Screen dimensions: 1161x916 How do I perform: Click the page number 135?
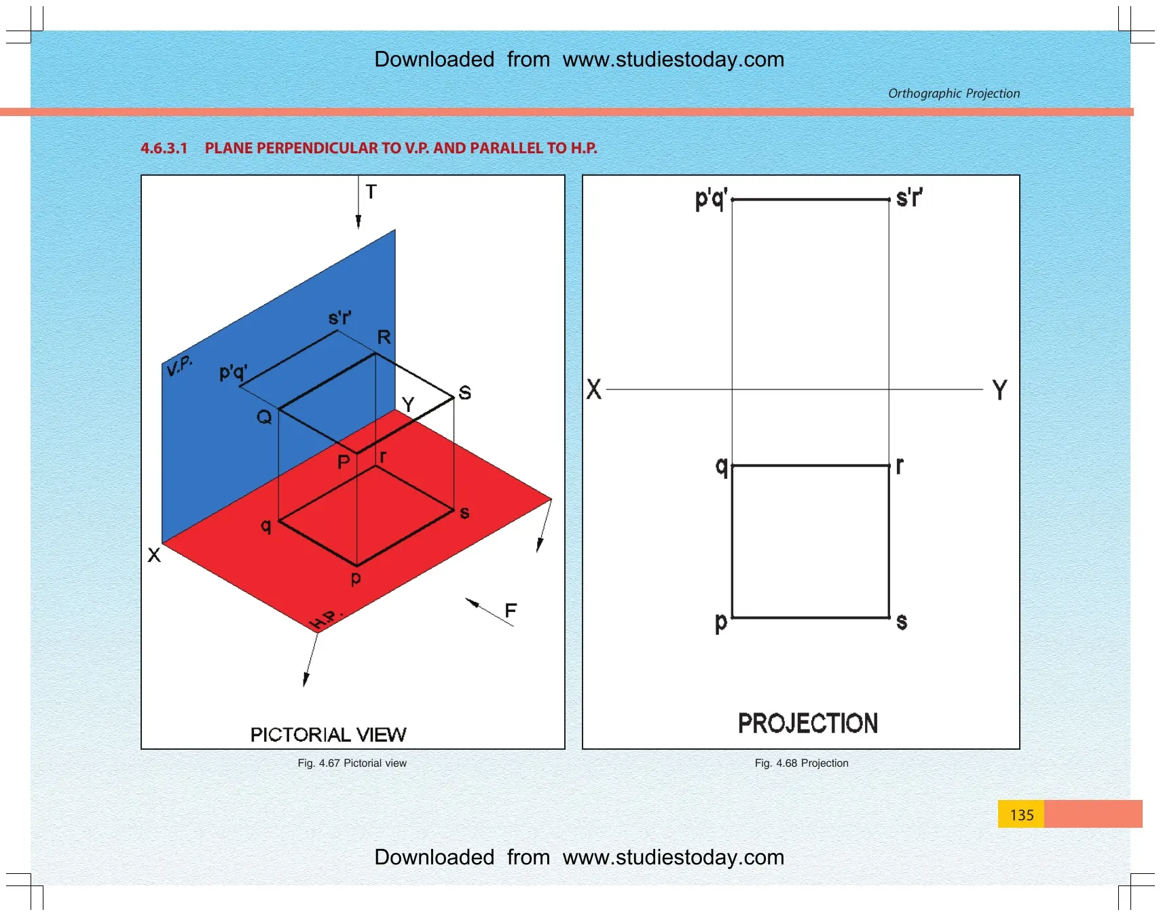pyautogui.click(x=1021, y=815)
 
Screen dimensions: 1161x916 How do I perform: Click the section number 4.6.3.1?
pyautogui.click(x=164, y=148)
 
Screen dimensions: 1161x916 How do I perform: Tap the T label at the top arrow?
pyautogui.click(x=371, y=192)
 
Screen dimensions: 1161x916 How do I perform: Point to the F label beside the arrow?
pyautogui.click(x=511, y=611)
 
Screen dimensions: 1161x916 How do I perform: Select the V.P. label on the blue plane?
pyautogui.click(x=180, y=365)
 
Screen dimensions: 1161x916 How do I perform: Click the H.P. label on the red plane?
pyautogui.click(x=326, y=619)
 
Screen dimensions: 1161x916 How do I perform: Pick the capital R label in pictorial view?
pyautogui.click(x=384, y=337)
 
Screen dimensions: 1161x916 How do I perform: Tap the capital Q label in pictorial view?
pyautogui.click(x=264, y=417)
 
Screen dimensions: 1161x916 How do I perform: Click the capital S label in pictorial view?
pyautogui.click(x=465, y=392)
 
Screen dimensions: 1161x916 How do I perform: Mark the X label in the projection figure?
pyautogui.click(x=594, y=389)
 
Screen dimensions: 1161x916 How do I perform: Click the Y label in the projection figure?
pyautogui.click(x=999, y=390)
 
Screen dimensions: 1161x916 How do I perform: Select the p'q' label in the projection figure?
pyautogui.click(x=711, y=199)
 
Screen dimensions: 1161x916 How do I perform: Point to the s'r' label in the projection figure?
pyautogui.click(x=909, y=197)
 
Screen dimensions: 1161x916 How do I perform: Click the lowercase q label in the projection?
pyautogui.click(x=722, y=467)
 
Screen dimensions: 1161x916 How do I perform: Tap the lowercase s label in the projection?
pyautogui.click(x=902, y=622)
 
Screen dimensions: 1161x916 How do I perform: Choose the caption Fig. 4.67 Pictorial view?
pyautogui.click(x=352, y=763)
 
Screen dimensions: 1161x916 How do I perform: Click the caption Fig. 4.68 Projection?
pyautogui.click(x=801, y=763)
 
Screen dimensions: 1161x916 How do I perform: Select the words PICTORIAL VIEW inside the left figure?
pyautogui.click(x=328, y=735)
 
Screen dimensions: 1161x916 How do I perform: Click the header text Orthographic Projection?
pyautogui.click(x=954, y=94)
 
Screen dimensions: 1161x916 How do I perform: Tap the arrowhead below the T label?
pyautogui.click(x=358, y=222)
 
